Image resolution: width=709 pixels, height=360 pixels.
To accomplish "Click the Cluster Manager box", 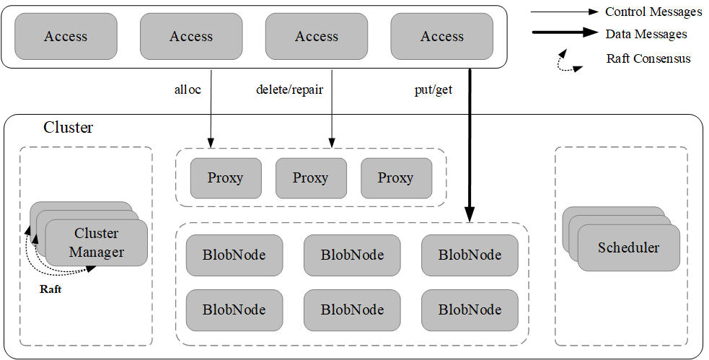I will tap(96, 243).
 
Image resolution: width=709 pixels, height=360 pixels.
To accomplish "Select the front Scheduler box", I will tap(628, 247).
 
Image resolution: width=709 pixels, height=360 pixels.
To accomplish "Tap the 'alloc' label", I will tap(188, 91).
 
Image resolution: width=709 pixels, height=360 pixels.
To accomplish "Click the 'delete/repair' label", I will tap(289, 91).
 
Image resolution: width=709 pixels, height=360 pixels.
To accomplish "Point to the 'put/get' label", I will tap(433, 91).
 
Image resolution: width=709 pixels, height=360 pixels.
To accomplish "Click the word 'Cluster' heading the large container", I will tap(69, 128).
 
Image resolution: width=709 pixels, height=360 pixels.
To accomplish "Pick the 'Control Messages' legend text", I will tap(653, 12).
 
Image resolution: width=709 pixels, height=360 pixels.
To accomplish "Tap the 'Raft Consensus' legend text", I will tap(648, 58).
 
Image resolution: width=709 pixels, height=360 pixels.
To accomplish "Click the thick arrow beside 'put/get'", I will tap(469, 144).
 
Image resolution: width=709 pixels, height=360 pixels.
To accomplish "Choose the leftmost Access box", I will tap(66, 36).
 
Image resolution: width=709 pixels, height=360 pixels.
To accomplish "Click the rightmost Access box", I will tap(442, 36).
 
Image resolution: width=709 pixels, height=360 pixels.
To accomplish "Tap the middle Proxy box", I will tap(311, 177).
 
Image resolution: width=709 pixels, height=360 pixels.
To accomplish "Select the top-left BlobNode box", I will tap(234, 255).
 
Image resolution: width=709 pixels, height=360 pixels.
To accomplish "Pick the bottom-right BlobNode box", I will tap(470, 309).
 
